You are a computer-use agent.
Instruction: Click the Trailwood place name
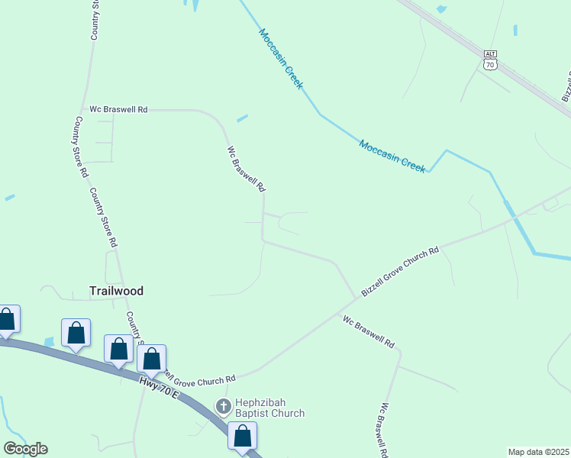pyautogui.click(x=116, y=291)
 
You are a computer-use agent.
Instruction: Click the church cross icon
pyautogui.click(x=224, y=406)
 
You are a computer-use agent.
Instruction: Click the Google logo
pyautogui.click(x=25, y=449)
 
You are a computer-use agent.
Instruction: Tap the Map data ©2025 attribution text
pyautogui.click(x=539, y=452)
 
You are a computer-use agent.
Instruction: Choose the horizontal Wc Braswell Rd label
pyautogui.click(x=118, y=109)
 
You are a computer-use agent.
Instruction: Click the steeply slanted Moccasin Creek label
pyautogui.click(x=280, y=58)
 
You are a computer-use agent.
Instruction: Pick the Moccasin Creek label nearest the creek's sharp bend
pyautogui.click(x=392, y=156)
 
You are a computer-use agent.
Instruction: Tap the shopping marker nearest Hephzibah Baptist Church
pyautogui.click(x=243, y=437)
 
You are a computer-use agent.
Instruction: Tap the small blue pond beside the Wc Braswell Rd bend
pyautogui.click(x=242, y=118)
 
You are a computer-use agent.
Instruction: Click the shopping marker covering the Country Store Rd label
pyautogui.click(x=152, y=360)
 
